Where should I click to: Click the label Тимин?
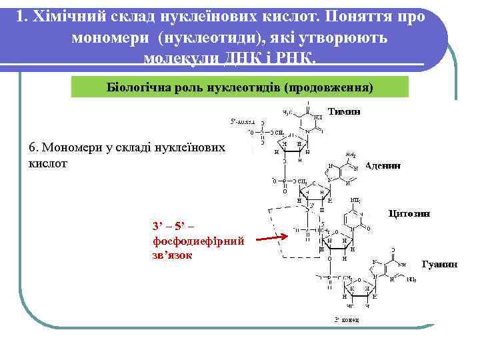click(x=344, y=112)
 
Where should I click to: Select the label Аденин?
click(x=383, y=166)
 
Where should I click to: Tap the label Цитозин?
click(x=409, y=213)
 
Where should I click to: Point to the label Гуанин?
click(x=440, y=264)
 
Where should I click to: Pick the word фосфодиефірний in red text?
click(x=199, y=241)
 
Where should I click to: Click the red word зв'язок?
click(x=172, y=255)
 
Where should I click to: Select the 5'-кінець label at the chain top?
click(x=242, y=123)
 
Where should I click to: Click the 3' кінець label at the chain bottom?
click(x=346, y=320)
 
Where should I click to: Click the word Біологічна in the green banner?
click(x=139, y=87)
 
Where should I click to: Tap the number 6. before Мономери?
click(x=36, y=147)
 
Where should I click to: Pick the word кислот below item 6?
click(x=49, y=163)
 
